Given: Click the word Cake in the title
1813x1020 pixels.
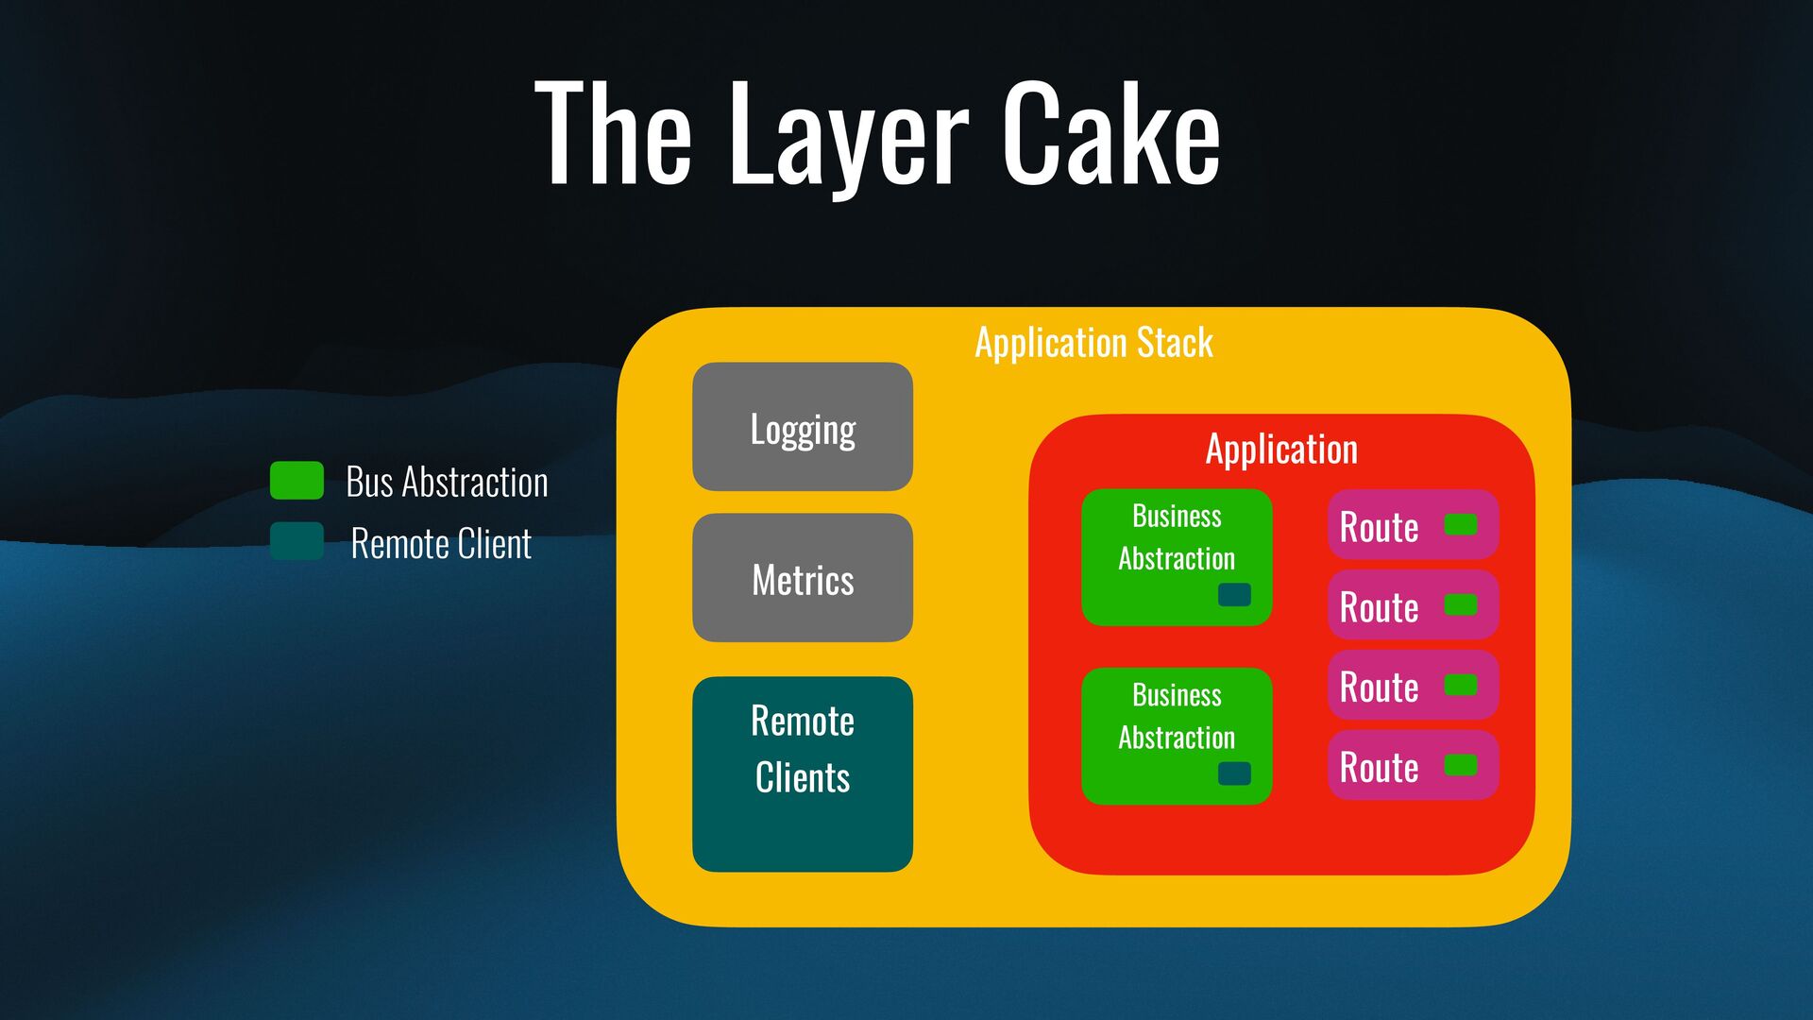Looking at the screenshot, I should point(1110,134).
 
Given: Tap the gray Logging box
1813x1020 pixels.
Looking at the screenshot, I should point(803,428).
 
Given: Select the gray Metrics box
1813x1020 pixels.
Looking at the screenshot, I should point(803,578).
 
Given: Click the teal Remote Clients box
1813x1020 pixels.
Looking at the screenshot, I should point(803,773).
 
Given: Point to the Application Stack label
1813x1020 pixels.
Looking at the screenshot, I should point(1093,343).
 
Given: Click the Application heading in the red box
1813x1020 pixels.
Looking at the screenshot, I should point(1281,450).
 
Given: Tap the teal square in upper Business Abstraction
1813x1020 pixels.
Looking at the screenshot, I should point(1234,594).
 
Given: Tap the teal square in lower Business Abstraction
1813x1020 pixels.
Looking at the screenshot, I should point(1234,773).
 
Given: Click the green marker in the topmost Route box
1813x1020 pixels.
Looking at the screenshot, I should point(1461,524).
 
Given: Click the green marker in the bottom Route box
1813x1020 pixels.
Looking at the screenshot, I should point(1461,765).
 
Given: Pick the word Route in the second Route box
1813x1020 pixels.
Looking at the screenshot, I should point(1379,607).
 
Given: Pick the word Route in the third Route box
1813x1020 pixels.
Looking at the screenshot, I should point(1379,688).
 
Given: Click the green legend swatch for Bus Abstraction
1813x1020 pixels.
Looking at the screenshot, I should point(297,481).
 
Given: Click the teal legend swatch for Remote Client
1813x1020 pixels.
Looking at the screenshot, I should point(297,541).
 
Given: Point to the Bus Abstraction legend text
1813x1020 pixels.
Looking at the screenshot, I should point(447,483).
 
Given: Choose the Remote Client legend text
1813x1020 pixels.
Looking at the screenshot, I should point(441,544).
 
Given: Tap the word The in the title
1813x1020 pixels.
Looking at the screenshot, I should point(614,134).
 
